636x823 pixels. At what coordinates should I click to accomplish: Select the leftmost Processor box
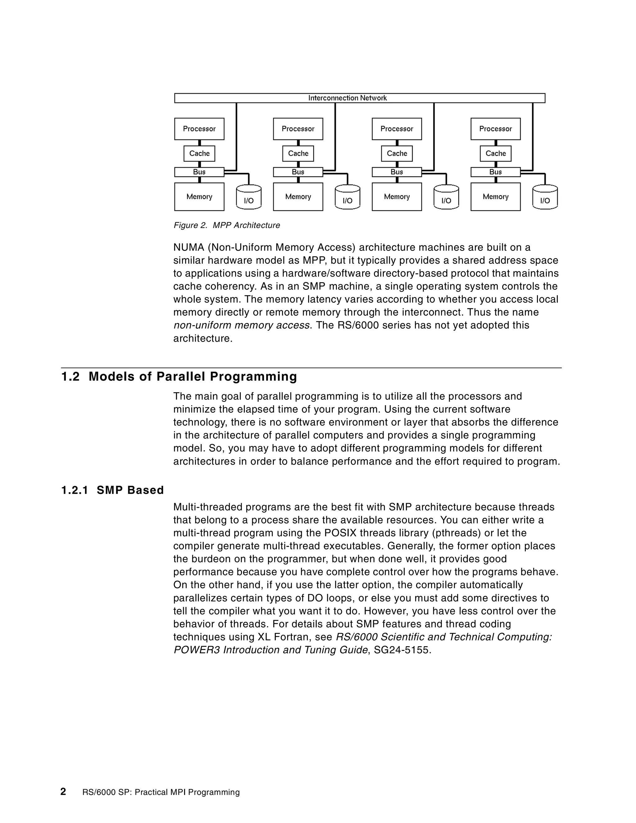click(x=199, y=129)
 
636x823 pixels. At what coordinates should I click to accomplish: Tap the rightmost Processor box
click(x=495, y=129)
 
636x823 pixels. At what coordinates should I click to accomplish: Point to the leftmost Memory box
click(x=199, y=197)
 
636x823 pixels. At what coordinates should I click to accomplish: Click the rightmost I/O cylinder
click(x=544, y=198)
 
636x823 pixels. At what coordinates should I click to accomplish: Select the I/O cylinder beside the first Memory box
click(x=248, y=198)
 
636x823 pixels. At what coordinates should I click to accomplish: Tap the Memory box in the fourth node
click(x=495, y=197)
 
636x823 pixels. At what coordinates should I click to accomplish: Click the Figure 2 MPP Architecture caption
click(x=226, y=225)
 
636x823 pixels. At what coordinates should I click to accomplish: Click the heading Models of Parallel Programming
click(x=193, y=376)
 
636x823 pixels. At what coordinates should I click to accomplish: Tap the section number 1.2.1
click(x=75, y=490)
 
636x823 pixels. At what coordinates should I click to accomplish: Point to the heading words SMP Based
click(x=130, y=490)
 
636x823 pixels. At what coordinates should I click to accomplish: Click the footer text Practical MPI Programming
click(x=187, y=793)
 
